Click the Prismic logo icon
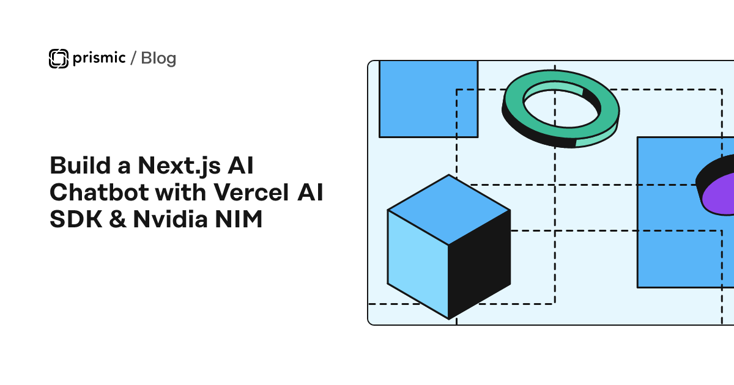click(58, 58)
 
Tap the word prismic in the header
click(98, 58)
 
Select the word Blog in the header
click(158, 58)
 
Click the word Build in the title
click(74, 166)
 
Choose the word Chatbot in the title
click(99, 193)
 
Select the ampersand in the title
click(114, 219)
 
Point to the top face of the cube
click(449, 210)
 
